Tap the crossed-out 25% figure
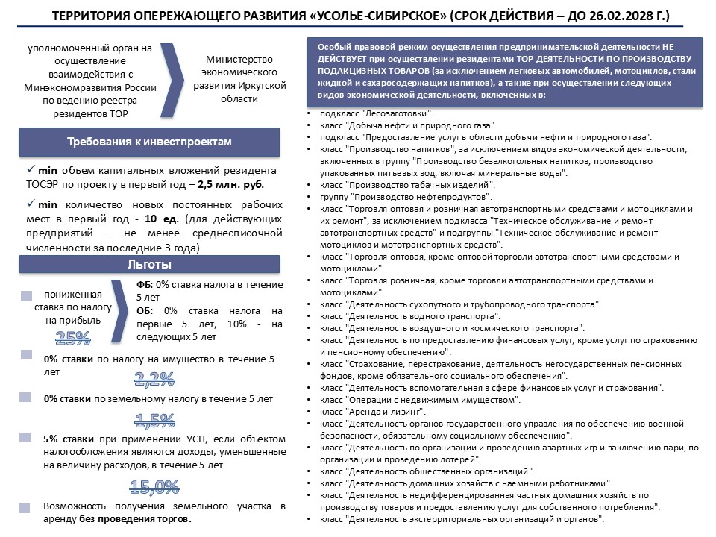point(73,338)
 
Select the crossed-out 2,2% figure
point(154,379)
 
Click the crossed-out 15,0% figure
point(154,487)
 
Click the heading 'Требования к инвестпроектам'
point(149,142)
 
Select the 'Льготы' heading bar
point(149,265)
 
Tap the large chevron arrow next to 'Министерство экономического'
point(173,81)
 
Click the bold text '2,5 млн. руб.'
point(232,184)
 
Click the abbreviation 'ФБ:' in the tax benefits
point(145,285)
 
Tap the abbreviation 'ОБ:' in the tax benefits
point(146,310)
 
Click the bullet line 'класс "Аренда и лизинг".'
point(372,412)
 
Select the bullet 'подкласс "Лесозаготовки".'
point(377,114)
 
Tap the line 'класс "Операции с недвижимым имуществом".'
point(418,400)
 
